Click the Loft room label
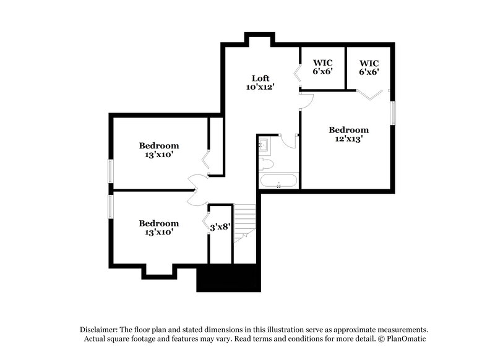[260, 78]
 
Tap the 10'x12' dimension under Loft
[260, 87]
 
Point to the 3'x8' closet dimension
[220, 227]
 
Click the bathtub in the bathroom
[278, 182]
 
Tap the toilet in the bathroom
[267, 164]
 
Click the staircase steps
[245, 223]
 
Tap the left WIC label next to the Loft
[323, 62]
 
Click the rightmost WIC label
[369, 62]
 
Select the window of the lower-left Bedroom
[111, 207]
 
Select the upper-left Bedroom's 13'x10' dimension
[158, 155]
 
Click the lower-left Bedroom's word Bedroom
[158, 223]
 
